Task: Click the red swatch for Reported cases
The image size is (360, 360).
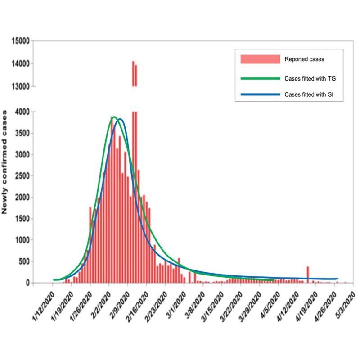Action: point(260,59)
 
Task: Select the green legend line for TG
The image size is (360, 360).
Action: point(260,78)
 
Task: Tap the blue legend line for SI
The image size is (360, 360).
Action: point(260,94)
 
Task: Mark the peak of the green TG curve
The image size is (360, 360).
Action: point(114,117)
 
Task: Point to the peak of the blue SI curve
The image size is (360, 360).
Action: point(121,119)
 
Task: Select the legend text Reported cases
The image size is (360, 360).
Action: point(304,59)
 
